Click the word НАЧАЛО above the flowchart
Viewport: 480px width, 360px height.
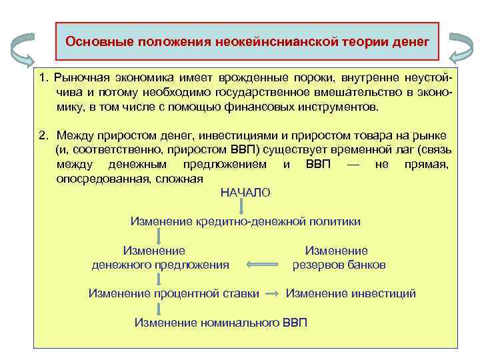coord(245,193)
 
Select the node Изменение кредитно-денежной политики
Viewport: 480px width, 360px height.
coord(245,221)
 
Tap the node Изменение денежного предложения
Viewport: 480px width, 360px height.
coord(160,258)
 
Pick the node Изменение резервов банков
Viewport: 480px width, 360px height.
coord(339,258)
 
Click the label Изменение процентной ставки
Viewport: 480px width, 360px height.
coord(174,293)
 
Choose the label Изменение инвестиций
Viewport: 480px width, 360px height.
coord(351,293)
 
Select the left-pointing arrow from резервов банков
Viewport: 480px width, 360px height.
coord(261,265)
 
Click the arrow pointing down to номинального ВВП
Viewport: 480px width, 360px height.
coord(159,308)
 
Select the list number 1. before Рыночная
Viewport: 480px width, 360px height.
coord(43,79)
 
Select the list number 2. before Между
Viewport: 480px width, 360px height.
coord(43,136)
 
